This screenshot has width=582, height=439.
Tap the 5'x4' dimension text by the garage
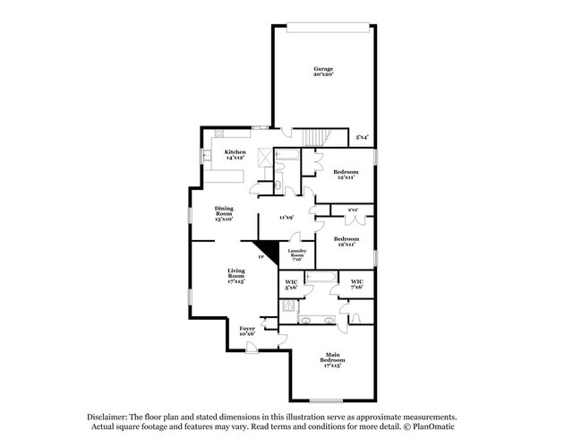click(362, 137)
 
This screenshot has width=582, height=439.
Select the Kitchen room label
click(235, 155)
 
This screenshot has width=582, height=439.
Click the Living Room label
click(235, 275)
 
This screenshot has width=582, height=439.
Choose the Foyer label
click(247, 331)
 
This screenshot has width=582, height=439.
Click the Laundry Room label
click(297, 254)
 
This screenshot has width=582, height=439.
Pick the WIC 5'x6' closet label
click(291, 285)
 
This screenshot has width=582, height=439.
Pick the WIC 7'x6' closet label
click(356, 284)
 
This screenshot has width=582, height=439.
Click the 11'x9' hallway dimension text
click(287, 218)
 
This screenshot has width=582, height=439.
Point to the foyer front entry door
click(281, 339)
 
